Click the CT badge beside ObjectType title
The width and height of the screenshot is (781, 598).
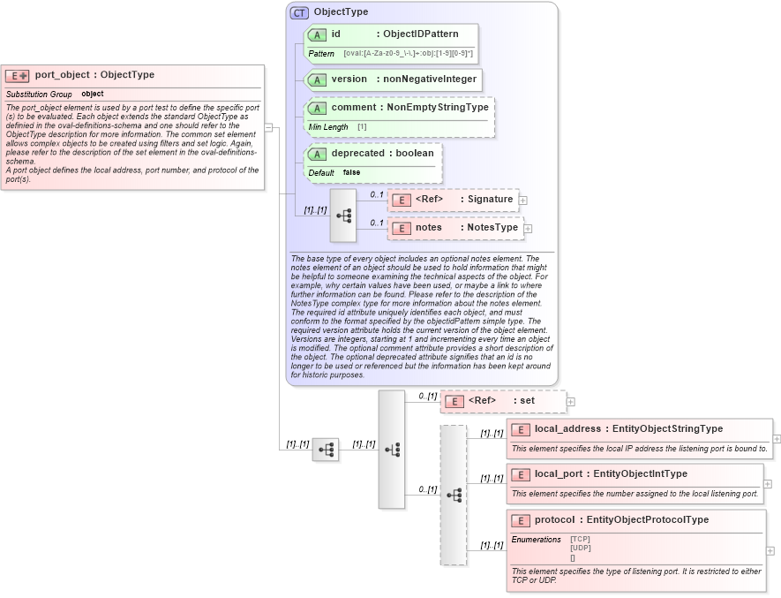pos(299,12)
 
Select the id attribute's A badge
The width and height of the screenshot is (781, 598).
pos(317,34)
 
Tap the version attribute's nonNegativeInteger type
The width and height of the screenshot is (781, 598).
pos(428,79)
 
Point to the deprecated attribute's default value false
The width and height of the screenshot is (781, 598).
pos(351,172)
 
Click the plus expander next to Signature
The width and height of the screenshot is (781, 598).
pos(523,201)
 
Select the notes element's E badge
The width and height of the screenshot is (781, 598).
pos(402,228)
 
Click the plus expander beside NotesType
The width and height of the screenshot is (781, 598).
pos(528,229)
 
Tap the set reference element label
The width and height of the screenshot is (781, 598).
pos(527,400)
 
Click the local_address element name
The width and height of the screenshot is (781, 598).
pos(567,428)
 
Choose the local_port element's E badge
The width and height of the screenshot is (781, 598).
pos(521,474)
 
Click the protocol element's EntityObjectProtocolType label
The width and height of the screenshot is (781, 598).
pos(647,519)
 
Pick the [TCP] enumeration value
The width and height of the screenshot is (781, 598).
pos(581,539)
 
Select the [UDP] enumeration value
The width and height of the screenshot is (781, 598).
pos(581,548)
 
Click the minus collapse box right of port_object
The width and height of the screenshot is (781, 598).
pos(268,126)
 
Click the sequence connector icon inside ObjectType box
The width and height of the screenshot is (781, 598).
pos(343,216)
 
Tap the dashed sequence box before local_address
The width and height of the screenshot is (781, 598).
pos(454,495)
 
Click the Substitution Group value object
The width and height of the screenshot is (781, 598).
pos(93,94)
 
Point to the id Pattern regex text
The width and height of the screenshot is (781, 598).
pos(408,54)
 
